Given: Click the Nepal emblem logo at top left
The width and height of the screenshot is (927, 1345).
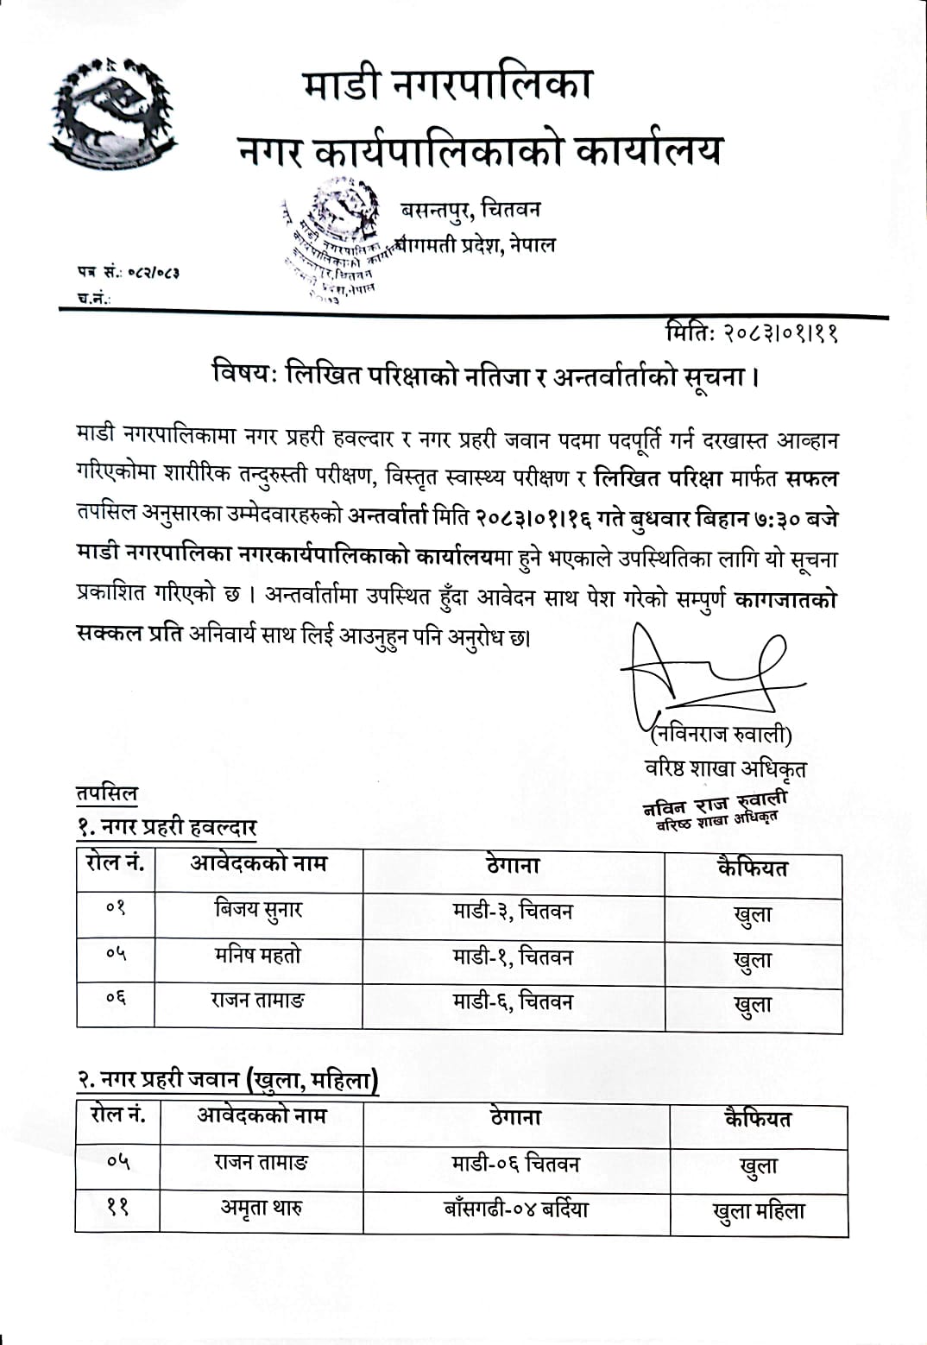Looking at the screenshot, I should coord(112,114).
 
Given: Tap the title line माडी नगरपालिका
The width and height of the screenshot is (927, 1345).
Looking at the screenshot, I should coord(448,85).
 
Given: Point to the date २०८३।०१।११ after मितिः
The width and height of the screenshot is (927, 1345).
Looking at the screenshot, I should coord(781,332).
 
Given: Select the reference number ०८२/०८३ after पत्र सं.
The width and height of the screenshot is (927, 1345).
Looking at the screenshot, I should coord(153,273).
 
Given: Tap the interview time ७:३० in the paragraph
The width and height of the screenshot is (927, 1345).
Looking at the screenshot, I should coord(776,520).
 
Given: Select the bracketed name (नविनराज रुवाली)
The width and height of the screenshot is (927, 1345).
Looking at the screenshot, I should coord(721,735).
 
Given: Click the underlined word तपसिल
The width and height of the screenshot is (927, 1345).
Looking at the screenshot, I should coord(106,792).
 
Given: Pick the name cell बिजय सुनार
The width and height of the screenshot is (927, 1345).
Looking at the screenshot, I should coord(258,909).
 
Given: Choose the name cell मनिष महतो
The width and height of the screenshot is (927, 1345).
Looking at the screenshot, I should coord(258,955).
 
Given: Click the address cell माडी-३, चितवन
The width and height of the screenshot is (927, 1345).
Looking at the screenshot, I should coord(513,911).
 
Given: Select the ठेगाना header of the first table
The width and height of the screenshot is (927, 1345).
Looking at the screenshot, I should coord(513,865).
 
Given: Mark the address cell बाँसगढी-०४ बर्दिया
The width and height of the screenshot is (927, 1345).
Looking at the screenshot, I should coord(515,1209).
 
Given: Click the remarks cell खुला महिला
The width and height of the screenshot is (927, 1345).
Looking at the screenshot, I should coord(759,1211).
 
